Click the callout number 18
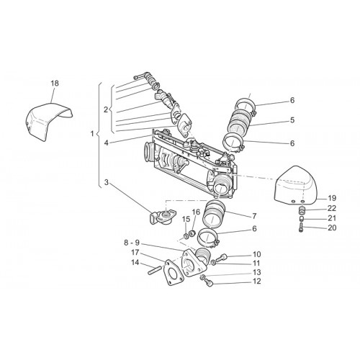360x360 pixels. (x=55, y=84)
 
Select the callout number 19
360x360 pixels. (x=332, y=199)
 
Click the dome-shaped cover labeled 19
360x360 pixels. (x=296, y=186)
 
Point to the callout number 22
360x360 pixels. (x=332, y=208)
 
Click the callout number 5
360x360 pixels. (x=292, y=120)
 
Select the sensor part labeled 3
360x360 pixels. (x=163, y=215)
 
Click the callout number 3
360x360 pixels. (x=107, y=183)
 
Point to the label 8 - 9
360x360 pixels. (x=132, y=243)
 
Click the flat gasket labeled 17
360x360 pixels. (x=174, y=273)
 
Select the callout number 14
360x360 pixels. (x=135, y=262)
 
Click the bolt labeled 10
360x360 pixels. (x=220, y=258)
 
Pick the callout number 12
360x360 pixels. (x=256, y=281)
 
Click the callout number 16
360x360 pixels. (x=196, y=212)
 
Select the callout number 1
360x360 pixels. (x=92, y=134)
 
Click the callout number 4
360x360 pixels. (x=107, y=143)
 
